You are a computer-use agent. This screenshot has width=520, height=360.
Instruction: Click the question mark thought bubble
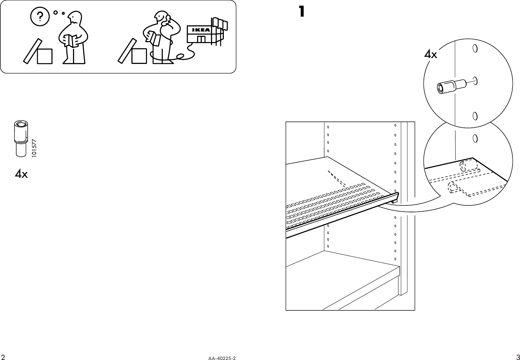point(39,16)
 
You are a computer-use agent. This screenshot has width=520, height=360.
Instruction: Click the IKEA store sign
point(198,30)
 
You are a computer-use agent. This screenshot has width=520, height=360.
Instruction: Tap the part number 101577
point(35,149)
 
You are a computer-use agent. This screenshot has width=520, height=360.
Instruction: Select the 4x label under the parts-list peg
point(21,174)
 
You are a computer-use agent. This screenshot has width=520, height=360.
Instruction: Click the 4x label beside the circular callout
point(430,54)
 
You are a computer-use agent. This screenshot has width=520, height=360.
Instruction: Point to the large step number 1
point(302,12)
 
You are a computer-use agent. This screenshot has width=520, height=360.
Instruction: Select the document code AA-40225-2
point(222,358)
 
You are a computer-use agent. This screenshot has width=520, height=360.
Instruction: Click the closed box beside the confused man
point(44,56)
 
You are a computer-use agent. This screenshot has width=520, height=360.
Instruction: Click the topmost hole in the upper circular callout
point(475,49)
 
